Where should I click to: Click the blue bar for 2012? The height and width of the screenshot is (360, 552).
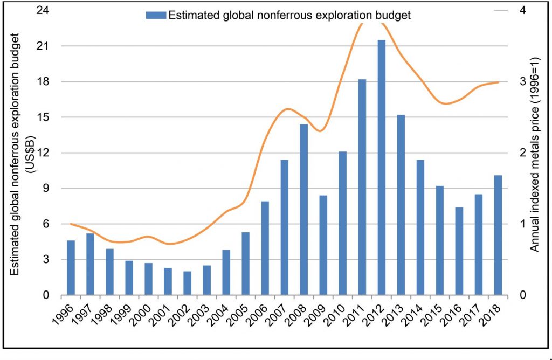(x=382, y=168)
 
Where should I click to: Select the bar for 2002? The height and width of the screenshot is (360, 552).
(x=188, y=283)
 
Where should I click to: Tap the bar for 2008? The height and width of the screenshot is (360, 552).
(x=304, y=210)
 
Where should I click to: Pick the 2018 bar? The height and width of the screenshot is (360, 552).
(x=498, y=235)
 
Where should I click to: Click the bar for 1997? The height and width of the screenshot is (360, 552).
(x=91, y=264)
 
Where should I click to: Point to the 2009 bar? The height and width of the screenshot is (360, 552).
(x=323, y=245)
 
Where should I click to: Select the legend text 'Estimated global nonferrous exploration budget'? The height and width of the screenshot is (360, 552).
(x=289, y=15)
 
